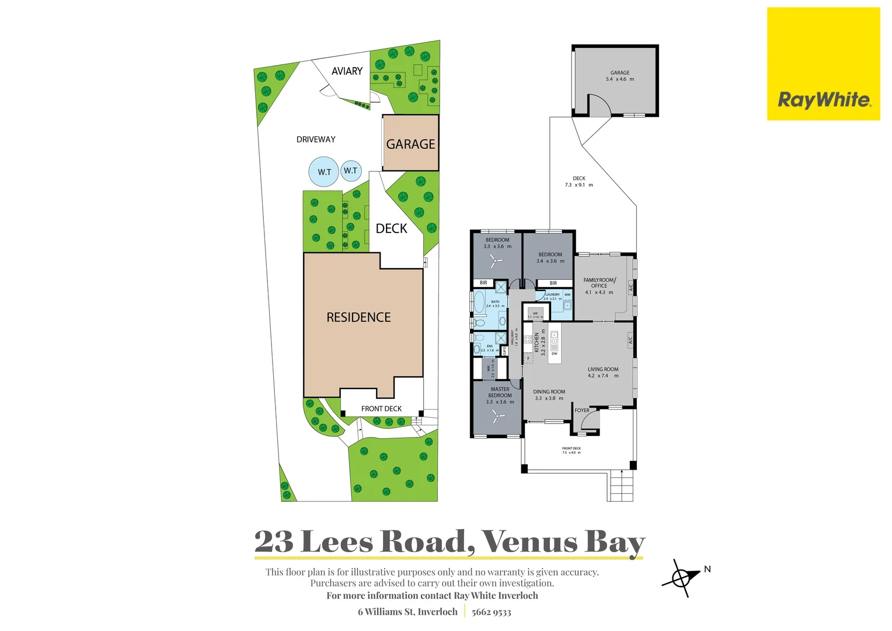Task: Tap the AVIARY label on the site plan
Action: click(x=347, y=71)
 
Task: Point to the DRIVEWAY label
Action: click(x=316, y=140)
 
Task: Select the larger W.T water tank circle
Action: click(x=324, y=172)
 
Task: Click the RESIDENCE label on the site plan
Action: click(x=358, y=317)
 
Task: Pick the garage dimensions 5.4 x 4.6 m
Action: click(x=619, y=79)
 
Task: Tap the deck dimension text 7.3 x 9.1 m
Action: click(x=579, y=185)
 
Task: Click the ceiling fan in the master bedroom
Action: click(x=497, y=417)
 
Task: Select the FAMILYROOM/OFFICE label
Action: click(x=599, y=283)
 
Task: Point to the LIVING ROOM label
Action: click(x=603, y=369)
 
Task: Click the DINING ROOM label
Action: click(x=549, y=392)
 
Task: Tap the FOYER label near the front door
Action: click(x=582, y=411)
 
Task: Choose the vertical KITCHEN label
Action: click(x=537, y=342)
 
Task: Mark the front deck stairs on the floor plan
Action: click(x=621, y=485)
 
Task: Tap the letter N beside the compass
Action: click(x=708, y=569)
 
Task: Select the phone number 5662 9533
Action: click(x=491, y=612)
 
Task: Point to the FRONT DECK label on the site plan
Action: click(x=381, y=409)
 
